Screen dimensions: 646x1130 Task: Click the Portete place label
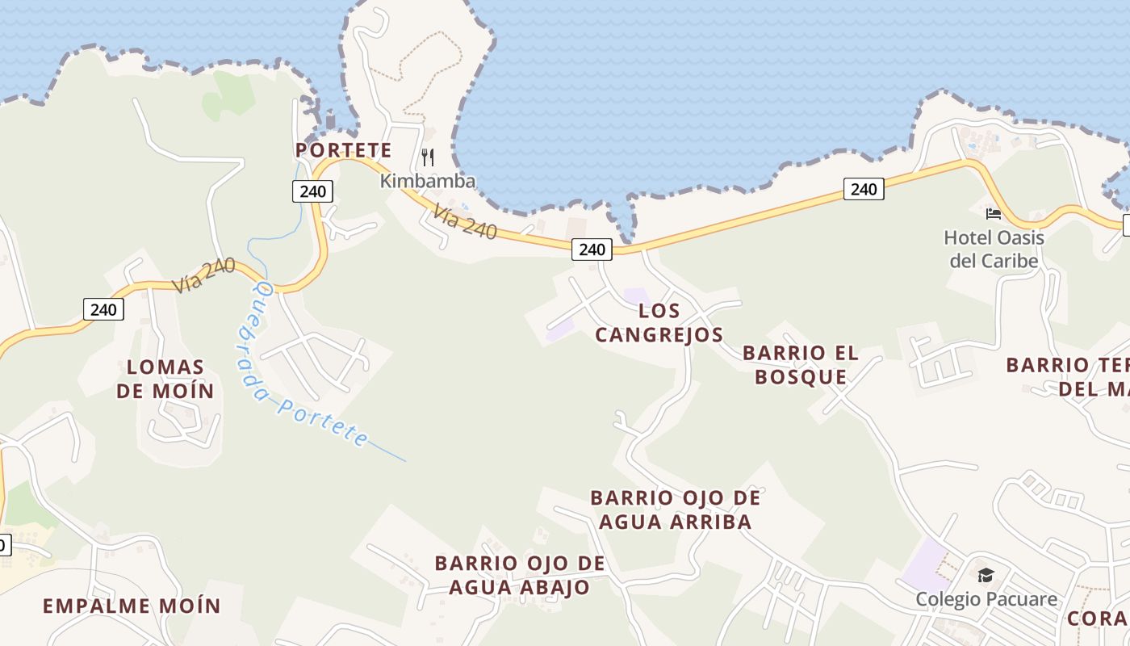coord(343,150)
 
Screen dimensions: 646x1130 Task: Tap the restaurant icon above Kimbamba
coord(428,157)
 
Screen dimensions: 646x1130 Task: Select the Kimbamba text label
coord(428,181)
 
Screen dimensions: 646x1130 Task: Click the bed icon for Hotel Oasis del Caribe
coord(994,214)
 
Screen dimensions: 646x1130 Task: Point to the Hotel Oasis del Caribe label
coord(994,249)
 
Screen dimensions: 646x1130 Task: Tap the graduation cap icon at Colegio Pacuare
coord(986,575)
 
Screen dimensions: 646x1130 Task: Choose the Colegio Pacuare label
coord(986,599)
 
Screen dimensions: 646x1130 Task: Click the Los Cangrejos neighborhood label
coord(659,322)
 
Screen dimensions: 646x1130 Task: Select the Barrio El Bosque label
coord(801,364)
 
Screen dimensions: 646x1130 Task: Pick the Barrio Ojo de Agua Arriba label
coord(675,510)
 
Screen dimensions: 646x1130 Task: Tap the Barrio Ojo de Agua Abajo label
coord(520,575)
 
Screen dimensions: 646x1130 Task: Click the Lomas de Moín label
coord(165,380)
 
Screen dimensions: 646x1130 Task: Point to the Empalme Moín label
coord(132,606)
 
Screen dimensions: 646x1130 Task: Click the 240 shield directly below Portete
coord(312,191)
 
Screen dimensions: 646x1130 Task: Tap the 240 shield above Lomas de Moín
coord(103,309)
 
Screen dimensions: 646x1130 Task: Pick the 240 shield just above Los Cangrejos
coord(592,250)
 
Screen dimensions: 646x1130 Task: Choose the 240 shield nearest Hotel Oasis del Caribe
coord(864,189)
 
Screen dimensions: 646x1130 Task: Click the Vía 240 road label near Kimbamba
coord(464,221)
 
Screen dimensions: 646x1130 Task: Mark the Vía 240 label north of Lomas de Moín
coord(203,275)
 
